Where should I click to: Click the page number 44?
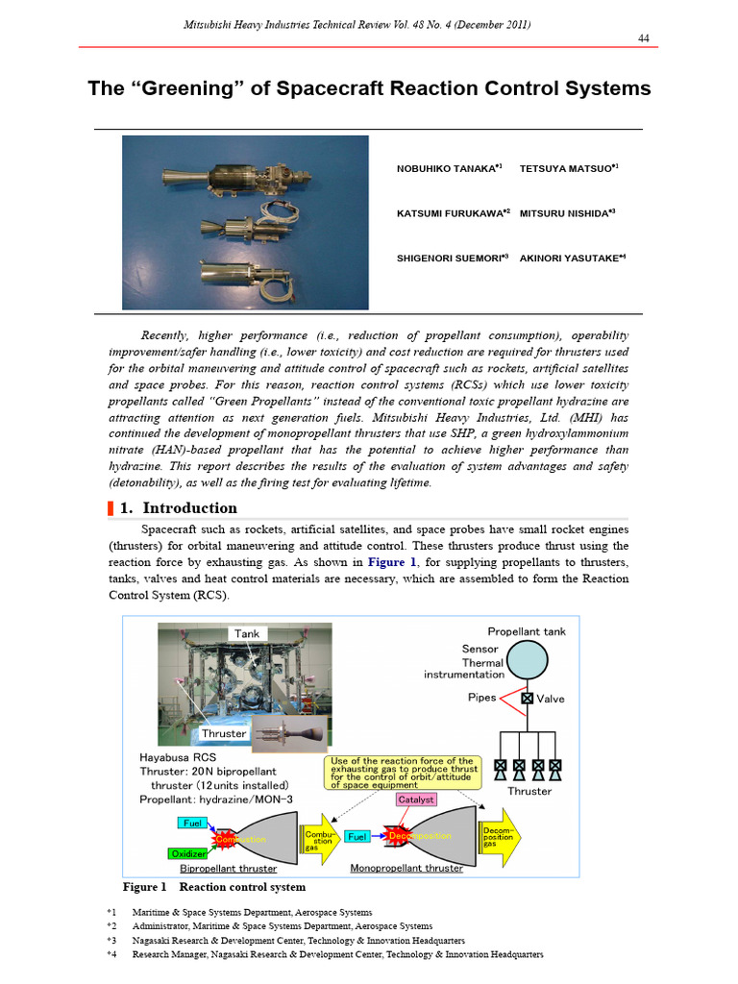tap(645, 37)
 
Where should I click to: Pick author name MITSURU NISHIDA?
tap(567, 213)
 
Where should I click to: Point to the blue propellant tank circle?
tap(527, 659)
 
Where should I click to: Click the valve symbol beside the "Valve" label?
tap(527, 699)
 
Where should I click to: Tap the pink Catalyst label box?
tap(416, 799)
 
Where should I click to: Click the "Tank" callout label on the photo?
tap(247, 633)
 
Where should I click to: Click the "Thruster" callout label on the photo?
tap(224, 733)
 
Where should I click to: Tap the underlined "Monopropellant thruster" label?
tap(406, 869)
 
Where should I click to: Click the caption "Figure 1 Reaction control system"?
tap(213, 887)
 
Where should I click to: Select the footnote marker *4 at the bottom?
tap(111, 955)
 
